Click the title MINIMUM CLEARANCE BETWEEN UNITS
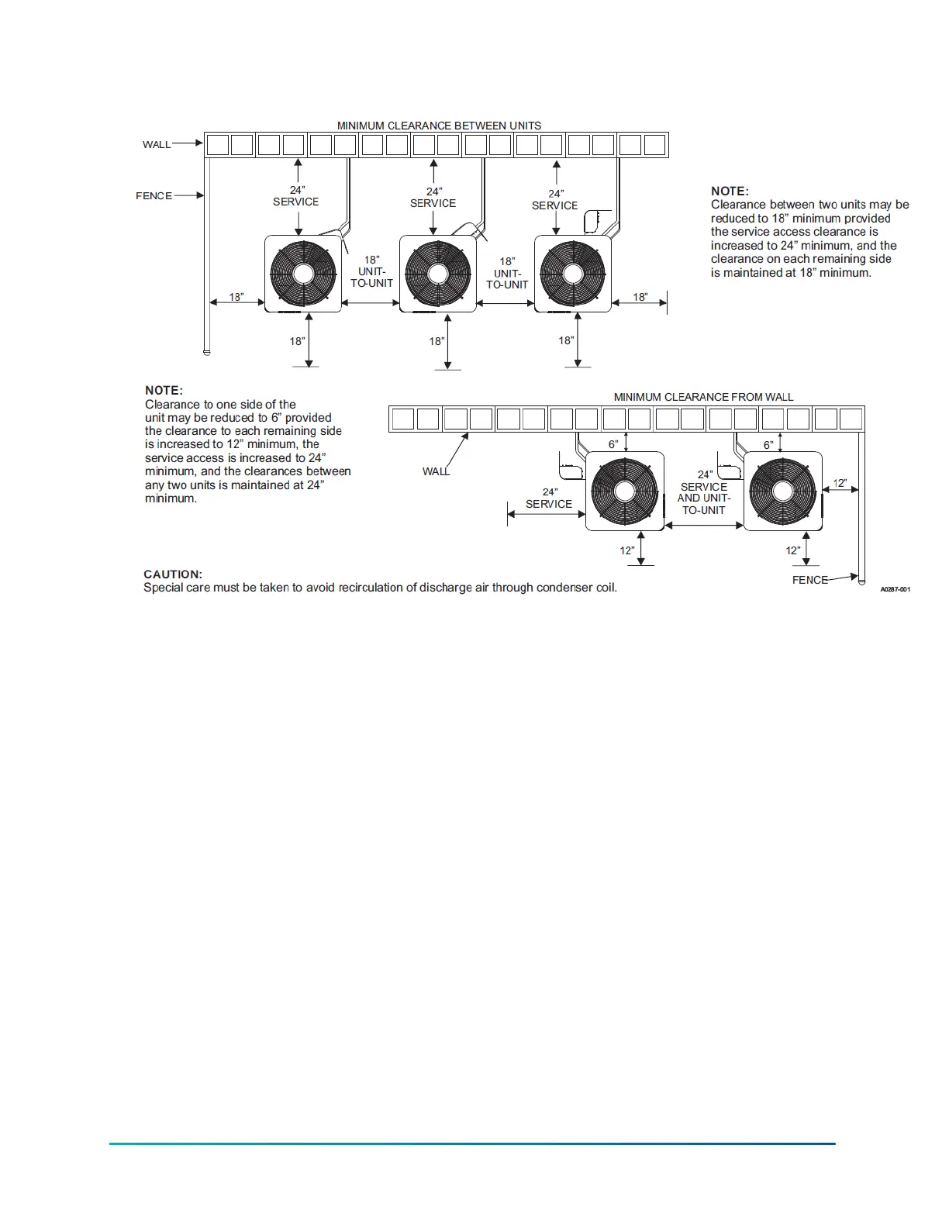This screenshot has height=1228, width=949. [x=439, y=126]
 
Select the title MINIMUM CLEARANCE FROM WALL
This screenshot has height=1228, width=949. [x=703, y=397]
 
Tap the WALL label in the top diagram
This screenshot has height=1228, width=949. [x=157, y=144]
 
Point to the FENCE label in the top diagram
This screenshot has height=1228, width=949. [x=154, y=196]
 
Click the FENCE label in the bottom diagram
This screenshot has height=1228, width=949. [x=809, y=580]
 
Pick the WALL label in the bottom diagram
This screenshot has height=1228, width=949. [x=436, y=471]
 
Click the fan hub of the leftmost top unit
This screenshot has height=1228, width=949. [x=303, y=274]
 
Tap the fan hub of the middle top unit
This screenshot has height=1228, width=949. [x=438, y=274]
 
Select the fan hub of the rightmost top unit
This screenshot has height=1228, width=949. [x=572, y=274]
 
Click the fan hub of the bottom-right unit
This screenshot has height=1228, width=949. [x=782, y=491]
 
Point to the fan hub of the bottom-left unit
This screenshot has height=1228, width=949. [x=625, y=491]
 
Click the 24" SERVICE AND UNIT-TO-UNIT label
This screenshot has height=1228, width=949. [x=704, y=492]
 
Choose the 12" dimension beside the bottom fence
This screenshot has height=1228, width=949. [x=840, y=483]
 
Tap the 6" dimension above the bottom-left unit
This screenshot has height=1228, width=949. [x=613, y=444]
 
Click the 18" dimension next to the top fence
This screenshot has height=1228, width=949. [x=236, y=297]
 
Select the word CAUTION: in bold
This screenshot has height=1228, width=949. [x=173, y=574]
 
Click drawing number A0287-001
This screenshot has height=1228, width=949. [x=895, y=590]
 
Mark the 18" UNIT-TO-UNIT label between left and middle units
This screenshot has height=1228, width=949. [x=372, y=272]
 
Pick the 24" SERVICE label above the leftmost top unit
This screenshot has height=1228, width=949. [x=295, y=196]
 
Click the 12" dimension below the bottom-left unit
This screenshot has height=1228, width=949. [x=626, y=550]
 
